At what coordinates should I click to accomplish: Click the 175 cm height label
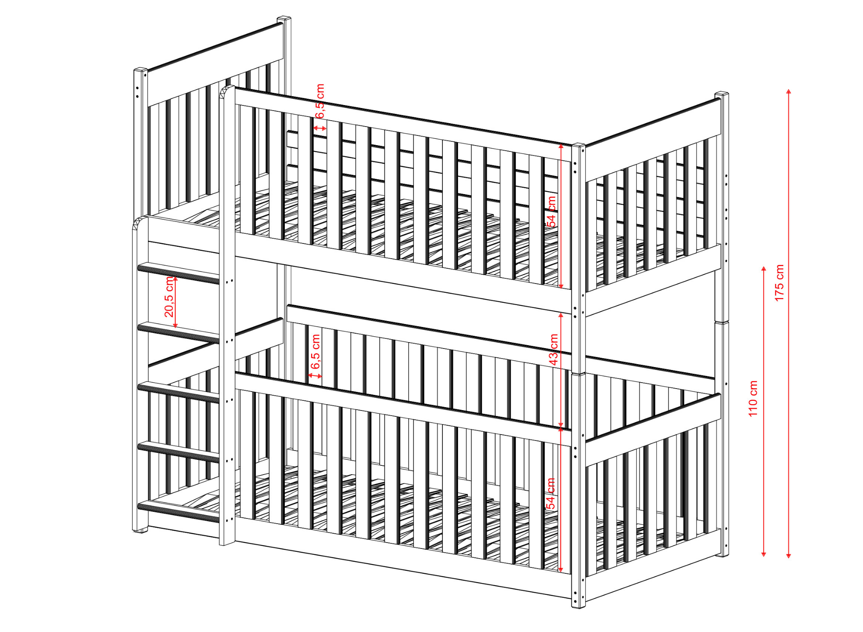pyautogui.click(x=779, y=283)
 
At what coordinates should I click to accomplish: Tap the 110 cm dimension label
pyautogui.click(x=753, y=399)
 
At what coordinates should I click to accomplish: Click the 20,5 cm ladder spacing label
pyautogui.click(x=169, y=296)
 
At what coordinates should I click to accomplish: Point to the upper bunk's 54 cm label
pyautogui.click(x=551, y=211)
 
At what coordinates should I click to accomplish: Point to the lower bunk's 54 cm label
pyautogui.click(x=551, y=494)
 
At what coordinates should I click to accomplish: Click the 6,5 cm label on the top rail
pyautogui.click(x=320, y=101)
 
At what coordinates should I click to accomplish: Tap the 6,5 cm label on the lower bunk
pyautogui.click(x=315, y=352)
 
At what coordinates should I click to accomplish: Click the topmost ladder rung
pyautogui.click(x=179, y=273)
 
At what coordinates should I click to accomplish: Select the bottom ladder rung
pyautogui.click(x=179, y=512)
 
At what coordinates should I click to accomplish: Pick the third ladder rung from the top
pyautogui.click(x=179, y=392)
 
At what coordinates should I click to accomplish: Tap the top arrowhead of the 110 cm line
pyautogui.click(x=764, y=269)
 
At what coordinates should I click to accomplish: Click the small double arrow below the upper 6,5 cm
pyautogui.click(x=320, y=128)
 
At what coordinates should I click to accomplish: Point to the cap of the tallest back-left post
pyautogui.click(x=284, y=19)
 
